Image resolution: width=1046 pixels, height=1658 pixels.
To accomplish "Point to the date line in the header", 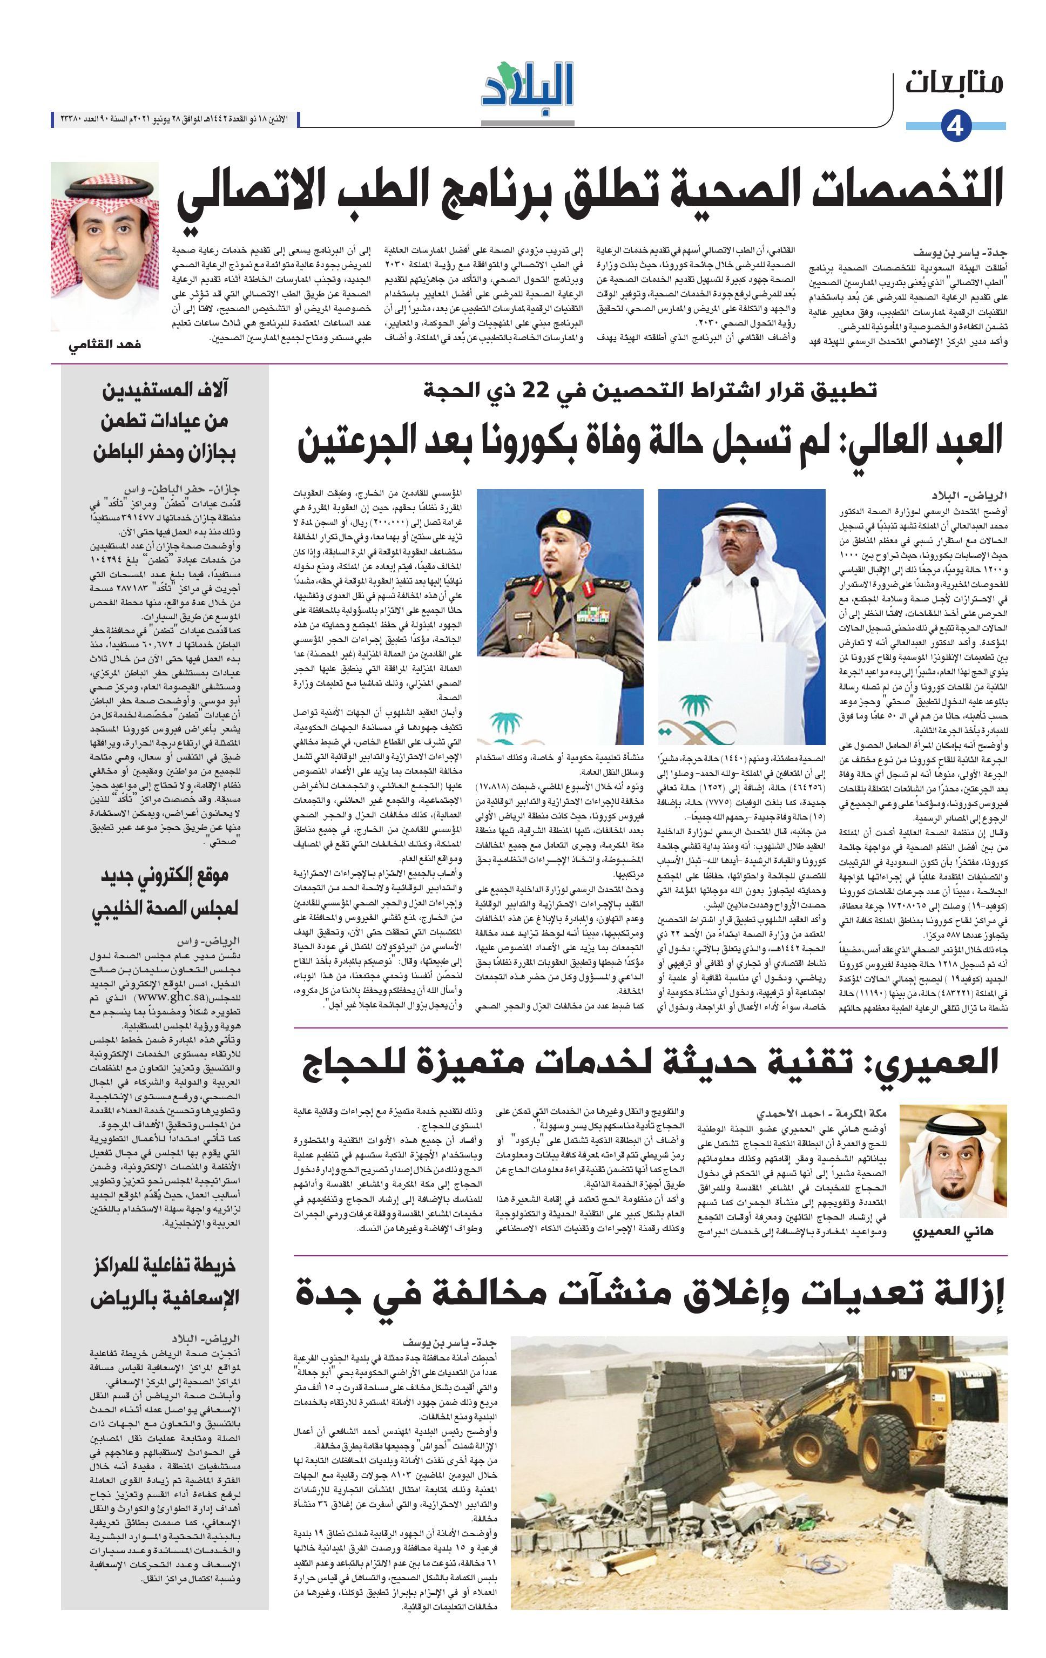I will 179,120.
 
